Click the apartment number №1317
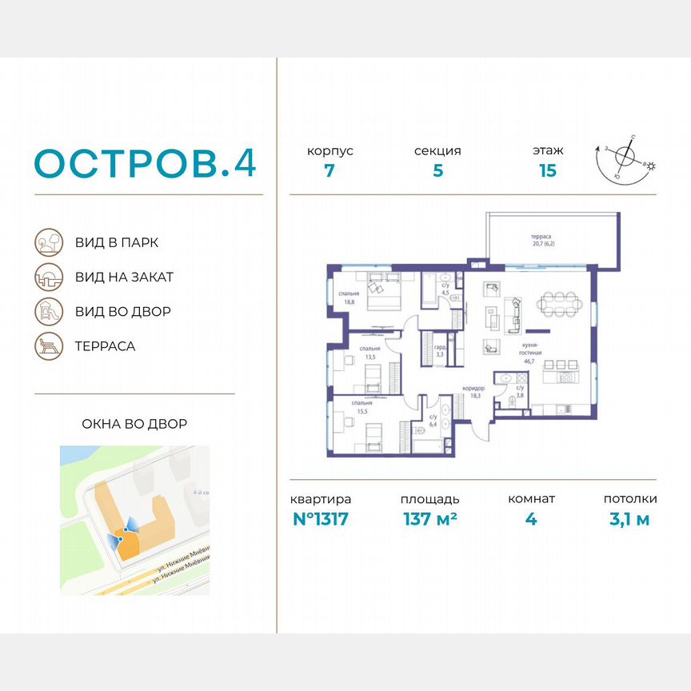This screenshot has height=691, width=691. tap(321, 519)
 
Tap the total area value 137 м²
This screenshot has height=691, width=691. tap(429, 519)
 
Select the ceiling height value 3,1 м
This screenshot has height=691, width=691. tap(629, 519)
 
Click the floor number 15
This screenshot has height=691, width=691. tap(547, 170)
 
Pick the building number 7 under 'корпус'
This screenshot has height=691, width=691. tap(330, 170)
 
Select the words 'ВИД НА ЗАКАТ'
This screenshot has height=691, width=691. tap(124, 277)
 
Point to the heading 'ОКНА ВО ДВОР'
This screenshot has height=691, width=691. tap(134, 423)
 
